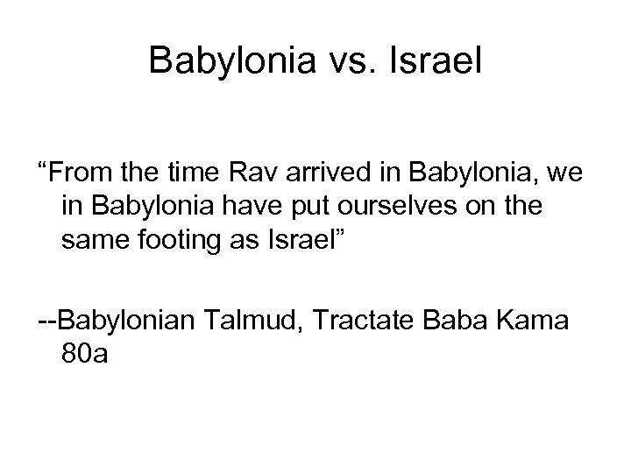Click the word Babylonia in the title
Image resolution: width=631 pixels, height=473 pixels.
[x=227, y=60]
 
